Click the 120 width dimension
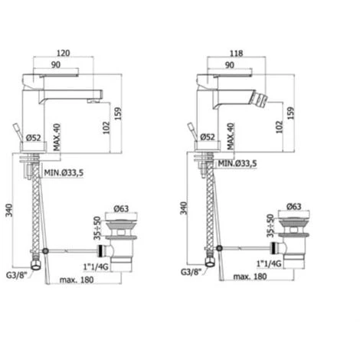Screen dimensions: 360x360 click(63, 53)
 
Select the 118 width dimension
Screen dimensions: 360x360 click(236, 54)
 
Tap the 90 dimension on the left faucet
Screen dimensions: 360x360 click(56, 65)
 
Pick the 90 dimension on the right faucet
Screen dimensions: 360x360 click(230, 65)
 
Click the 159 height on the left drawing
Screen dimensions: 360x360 click(118, 113)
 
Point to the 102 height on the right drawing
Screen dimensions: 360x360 click(280, 127)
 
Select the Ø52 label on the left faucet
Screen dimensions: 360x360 click(34, 138)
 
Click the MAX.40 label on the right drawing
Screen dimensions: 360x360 click(231, 136)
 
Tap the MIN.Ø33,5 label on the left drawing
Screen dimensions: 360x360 click(64, 173)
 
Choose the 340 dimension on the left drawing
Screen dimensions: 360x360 click(9, 210)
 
